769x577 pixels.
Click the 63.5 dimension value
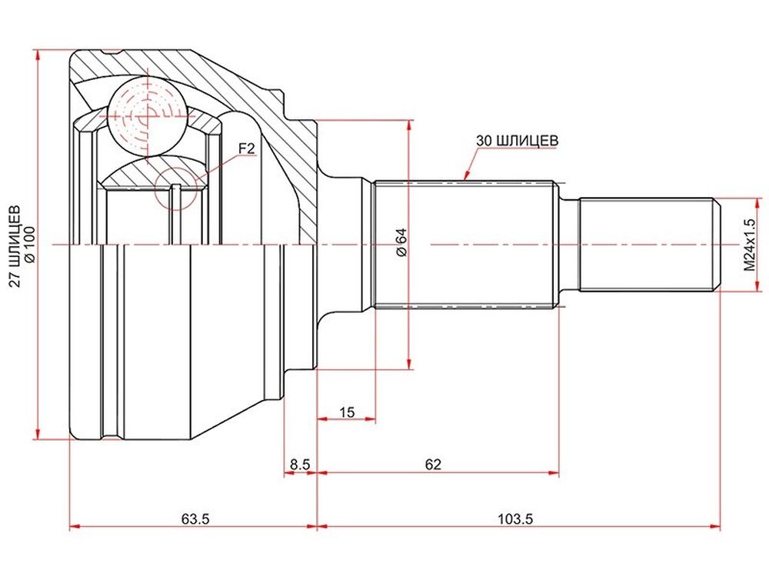click(195, 518)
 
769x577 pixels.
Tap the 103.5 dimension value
click(515, 518)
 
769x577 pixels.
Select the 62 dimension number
click(433, 464)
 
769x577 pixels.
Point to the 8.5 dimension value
click(300, 464)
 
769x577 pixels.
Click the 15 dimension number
click(347, 412)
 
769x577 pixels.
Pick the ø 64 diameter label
click(401, 242)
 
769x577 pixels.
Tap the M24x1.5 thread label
click(749, 245)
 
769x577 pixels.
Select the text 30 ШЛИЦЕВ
click(517, 140)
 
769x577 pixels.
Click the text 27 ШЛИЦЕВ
click(15, 245)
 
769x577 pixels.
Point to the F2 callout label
click(247, 148)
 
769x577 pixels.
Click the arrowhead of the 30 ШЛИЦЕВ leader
click(466, 175)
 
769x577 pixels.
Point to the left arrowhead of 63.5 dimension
click(75, 527)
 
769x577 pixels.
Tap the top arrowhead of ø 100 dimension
click(37, 55)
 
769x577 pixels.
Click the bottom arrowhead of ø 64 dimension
click(408, 363)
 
